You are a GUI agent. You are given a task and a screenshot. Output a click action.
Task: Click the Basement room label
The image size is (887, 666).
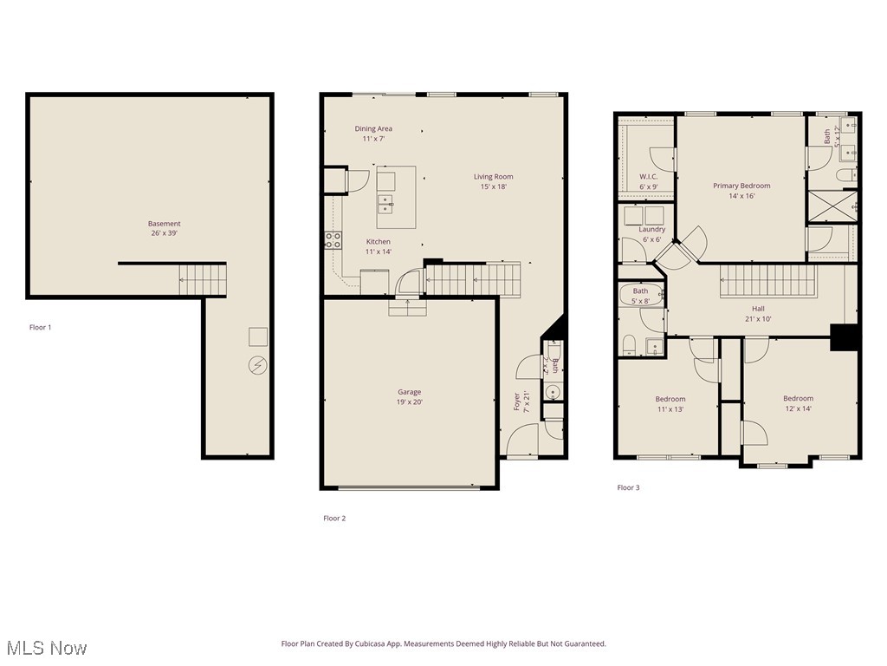point(164,229)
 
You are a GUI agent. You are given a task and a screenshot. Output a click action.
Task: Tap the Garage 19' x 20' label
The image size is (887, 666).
point(410,397)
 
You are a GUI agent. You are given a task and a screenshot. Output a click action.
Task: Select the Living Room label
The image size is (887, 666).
point(493,181)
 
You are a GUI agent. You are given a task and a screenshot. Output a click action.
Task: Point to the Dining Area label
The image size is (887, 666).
point(373,134)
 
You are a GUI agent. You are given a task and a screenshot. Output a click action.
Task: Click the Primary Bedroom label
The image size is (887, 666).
point(741,191)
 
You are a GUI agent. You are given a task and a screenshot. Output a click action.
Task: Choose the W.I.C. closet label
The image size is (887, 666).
point(649,181)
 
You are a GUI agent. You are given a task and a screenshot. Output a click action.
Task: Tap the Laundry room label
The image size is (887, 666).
point(652,234)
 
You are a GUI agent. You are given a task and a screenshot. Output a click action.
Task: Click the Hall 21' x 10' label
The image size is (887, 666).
point(758,313)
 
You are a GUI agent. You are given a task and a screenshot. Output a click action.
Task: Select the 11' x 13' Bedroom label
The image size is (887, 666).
point(670,403)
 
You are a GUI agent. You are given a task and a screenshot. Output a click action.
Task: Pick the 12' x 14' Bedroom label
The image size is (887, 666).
point(799,403)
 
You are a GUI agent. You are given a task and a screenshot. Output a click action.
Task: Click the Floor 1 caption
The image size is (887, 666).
point(41,327)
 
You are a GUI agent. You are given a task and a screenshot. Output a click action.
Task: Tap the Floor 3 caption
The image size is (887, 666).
point(628,487)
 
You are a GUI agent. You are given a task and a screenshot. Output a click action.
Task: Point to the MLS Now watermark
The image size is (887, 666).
point(46,648)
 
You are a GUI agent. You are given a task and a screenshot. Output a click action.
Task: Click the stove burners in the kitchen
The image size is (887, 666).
point(333,240)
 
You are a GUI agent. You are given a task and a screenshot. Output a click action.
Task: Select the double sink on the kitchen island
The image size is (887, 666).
point(385,204)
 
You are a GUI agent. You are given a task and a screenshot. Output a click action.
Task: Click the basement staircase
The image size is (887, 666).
point(202,280)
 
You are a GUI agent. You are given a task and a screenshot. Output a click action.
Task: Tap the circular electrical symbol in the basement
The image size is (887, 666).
point(257,365)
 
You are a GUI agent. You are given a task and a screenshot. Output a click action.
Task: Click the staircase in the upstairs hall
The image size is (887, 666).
point(769,281)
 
